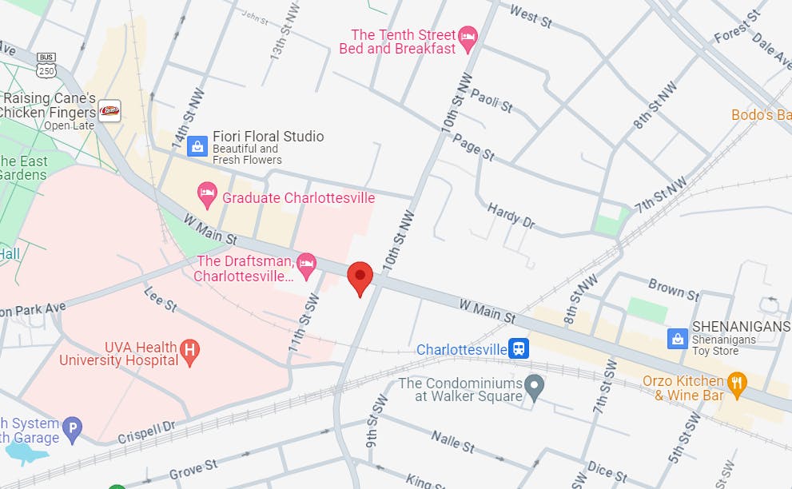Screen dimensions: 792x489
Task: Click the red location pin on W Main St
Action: click(360, 276)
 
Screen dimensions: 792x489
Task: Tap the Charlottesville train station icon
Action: click(519, 348)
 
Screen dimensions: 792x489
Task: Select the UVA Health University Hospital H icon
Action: click(190, 349)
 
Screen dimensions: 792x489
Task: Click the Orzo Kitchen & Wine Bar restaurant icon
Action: click(737, 383)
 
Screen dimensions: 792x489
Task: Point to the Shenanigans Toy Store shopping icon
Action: click(678, 338)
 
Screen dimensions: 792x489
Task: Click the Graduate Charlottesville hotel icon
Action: click(207, 192)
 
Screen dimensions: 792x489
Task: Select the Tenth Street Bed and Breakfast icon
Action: click(468, 35)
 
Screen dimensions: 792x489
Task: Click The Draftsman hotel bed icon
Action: click(306, 262)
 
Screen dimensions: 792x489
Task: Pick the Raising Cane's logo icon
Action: click(109, 110)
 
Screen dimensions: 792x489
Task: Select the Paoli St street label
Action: click(491, 101)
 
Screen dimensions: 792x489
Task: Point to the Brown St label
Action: click(673, 288)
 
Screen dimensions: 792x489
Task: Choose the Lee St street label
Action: click(160, 300)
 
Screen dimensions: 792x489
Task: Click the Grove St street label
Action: click(193, 469)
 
